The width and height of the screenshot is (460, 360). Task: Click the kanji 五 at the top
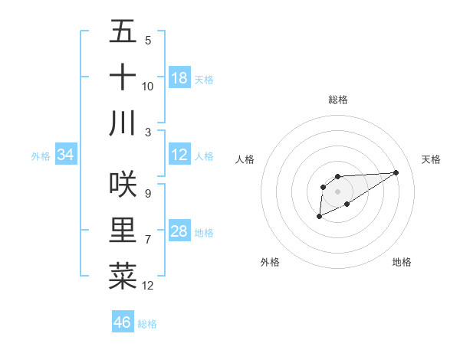coord(123,32)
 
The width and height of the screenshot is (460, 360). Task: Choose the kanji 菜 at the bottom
coord(123,276)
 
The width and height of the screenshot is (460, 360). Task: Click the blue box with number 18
coord(179,78)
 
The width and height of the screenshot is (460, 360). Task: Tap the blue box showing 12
coord(179,155)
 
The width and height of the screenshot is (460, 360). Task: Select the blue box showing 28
coord(179,232)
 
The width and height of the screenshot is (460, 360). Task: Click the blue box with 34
coord(66,155)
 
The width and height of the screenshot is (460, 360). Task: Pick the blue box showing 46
coord(123,322)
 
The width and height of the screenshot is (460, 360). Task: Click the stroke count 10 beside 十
coord(148,86)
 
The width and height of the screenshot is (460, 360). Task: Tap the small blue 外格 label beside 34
coord(41,156)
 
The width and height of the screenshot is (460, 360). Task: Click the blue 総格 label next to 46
coord(147,324)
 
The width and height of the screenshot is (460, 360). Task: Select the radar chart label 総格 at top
coord(338,100)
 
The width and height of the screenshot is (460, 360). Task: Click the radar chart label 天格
coord(431,159)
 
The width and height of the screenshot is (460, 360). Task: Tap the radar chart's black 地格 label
coord(402,262)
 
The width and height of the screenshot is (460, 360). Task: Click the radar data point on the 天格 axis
coord(396,172)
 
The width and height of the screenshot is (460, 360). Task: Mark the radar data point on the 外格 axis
coord(318,218)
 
